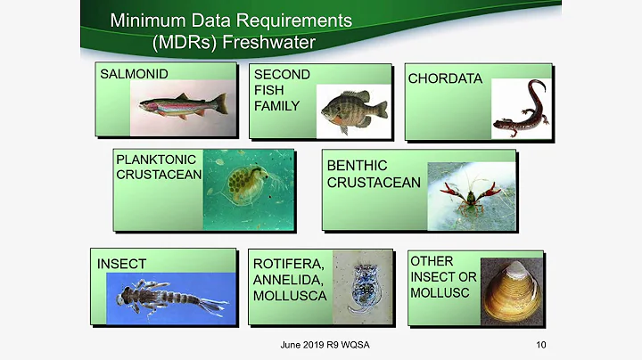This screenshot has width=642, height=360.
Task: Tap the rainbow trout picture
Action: pos(183,107)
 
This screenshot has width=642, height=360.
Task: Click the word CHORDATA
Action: pos(445,78)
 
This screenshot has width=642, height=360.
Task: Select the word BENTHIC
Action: pos(357,166)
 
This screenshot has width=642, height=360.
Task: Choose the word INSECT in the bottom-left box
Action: pos(122,264)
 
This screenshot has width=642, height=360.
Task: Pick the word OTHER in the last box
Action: pos(432,261)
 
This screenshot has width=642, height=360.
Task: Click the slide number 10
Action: pos(541,346)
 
